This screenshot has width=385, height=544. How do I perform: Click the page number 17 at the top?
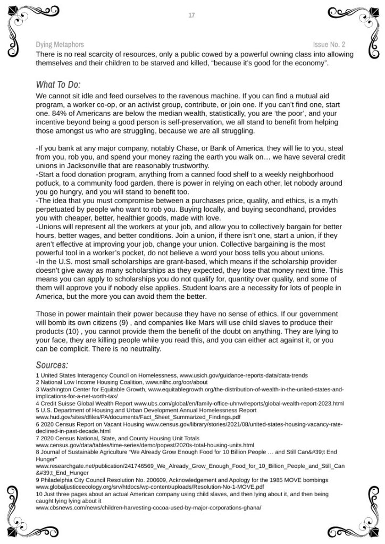point(191,15)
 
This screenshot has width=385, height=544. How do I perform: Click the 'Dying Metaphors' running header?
point(60,45)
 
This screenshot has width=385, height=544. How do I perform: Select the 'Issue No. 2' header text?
point(329,45)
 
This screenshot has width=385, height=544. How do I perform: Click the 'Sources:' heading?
point(52,365)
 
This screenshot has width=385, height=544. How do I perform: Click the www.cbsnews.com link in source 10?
point(148,507)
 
